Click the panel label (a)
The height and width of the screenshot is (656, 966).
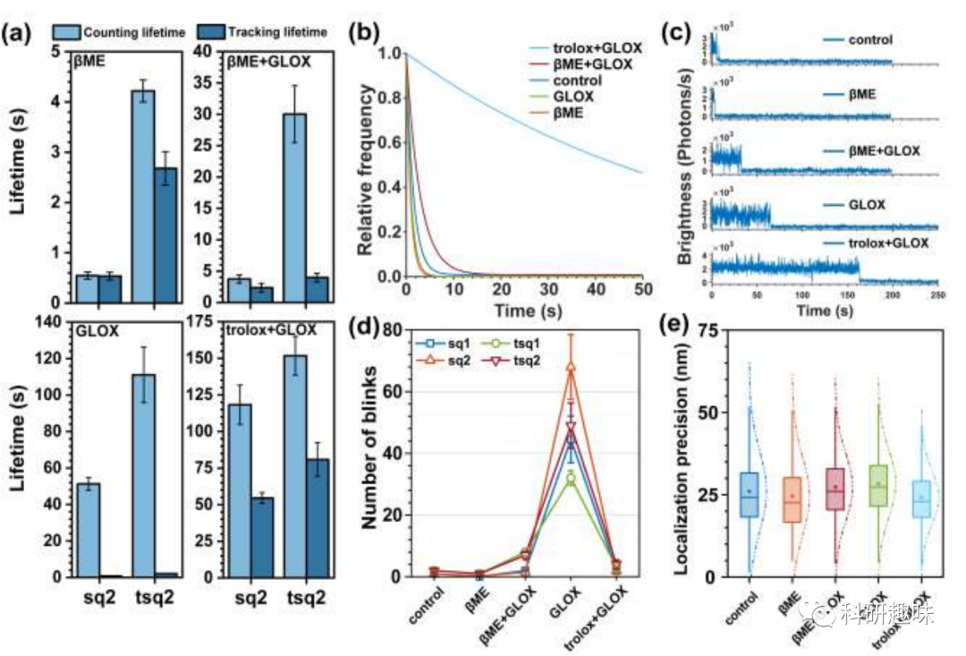click(19, 35)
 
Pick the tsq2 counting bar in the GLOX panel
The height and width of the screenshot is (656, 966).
click(142, 475)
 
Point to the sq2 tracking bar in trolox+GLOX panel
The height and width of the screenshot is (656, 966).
click(262, 537)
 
